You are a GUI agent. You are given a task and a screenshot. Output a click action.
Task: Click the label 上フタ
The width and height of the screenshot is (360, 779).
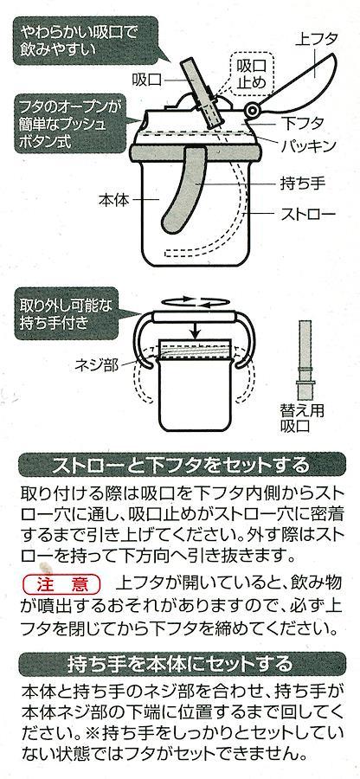coord(317,39)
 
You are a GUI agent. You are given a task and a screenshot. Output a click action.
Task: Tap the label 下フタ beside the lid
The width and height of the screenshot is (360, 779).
coord(303,123)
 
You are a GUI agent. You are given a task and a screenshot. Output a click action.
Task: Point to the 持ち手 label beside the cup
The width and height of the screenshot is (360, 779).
coord(303,184)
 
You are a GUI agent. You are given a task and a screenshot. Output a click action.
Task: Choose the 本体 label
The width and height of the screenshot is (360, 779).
coord(113,200)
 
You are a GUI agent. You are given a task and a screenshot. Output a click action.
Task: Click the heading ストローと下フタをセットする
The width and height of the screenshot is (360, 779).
coord(180,465)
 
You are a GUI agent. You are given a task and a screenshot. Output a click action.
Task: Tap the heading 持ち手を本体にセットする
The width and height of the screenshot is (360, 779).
coord(180,663)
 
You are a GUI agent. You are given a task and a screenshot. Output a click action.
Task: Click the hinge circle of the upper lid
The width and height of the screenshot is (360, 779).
coord(254,110)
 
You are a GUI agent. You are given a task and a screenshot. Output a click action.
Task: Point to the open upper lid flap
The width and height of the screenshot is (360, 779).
coord(297,82)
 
